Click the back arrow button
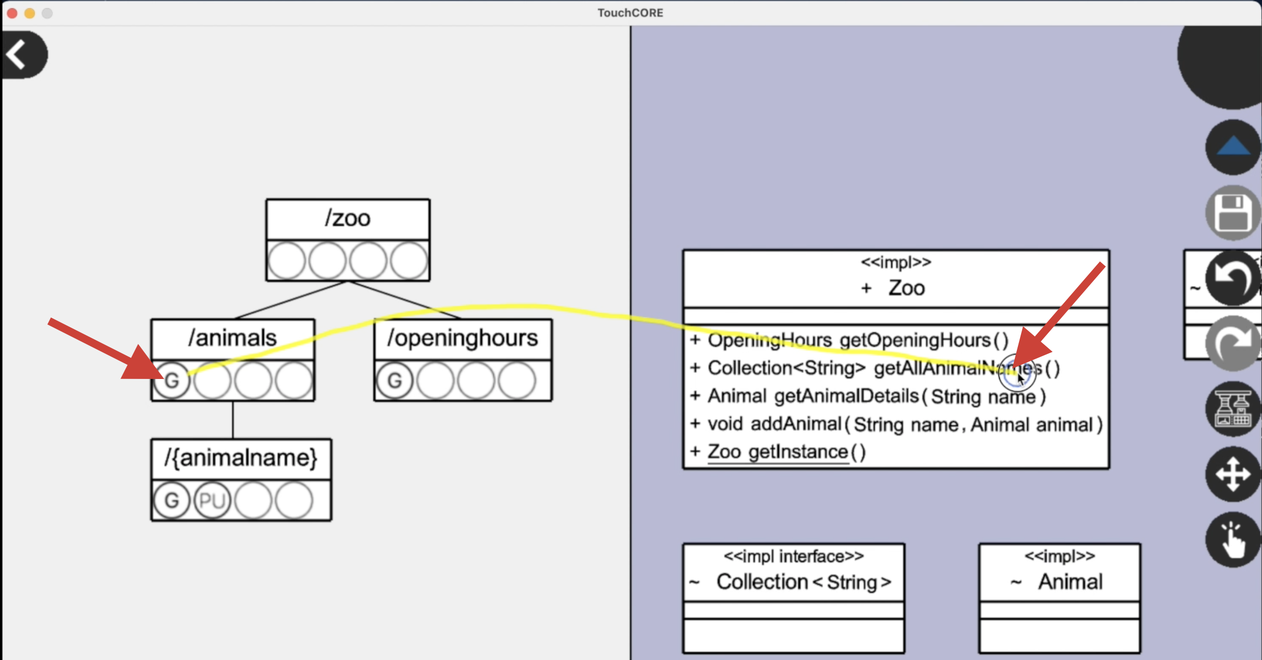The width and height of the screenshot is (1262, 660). (x=21, y=54)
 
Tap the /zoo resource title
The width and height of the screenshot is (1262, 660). (x=347, y=218)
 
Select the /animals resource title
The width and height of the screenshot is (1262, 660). (x=233, y=338)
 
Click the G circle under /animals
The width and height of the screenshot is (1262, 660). (x=172, y=381)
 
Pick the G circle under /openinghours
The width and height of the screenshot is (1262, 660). (x=395, y=381)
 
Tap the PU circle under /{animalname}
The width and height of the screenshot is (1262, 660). (x=212, y=501)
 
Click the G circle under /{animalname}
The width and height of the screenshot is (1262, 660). (x=172, y=501)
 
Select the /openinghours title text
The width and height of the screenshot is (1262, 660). (x=463, y=338)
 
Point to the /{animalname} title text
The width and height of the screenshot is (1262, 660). (x=241, y=458)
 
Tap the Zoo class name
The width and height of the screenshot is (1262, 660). (x=906, y=288)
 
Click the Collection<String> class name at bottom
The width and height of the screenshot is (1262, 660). (x=803, y=582)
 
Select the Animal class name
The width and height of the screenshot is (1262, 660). (x=1070, y=582)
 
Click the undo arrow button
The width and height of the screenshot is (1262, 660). (x=1232, y=278)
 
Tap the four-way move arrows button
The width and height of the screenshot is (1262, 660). (x=1233, y=474)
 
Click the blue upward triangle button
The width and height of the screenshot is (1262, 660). (x=1233, y=147)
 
